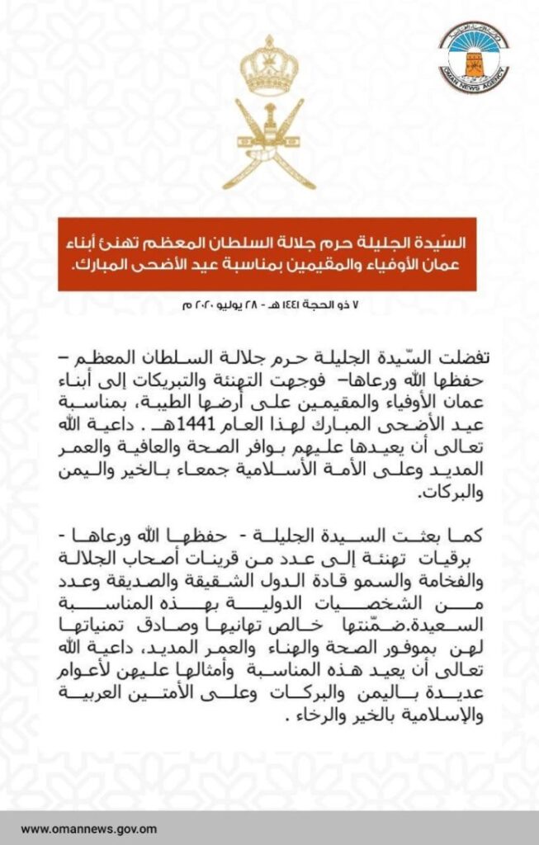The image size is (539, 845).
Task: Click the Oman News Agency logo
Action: [473, 55]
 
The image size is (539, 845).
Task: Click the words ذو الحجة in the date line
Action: [325, 306]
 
